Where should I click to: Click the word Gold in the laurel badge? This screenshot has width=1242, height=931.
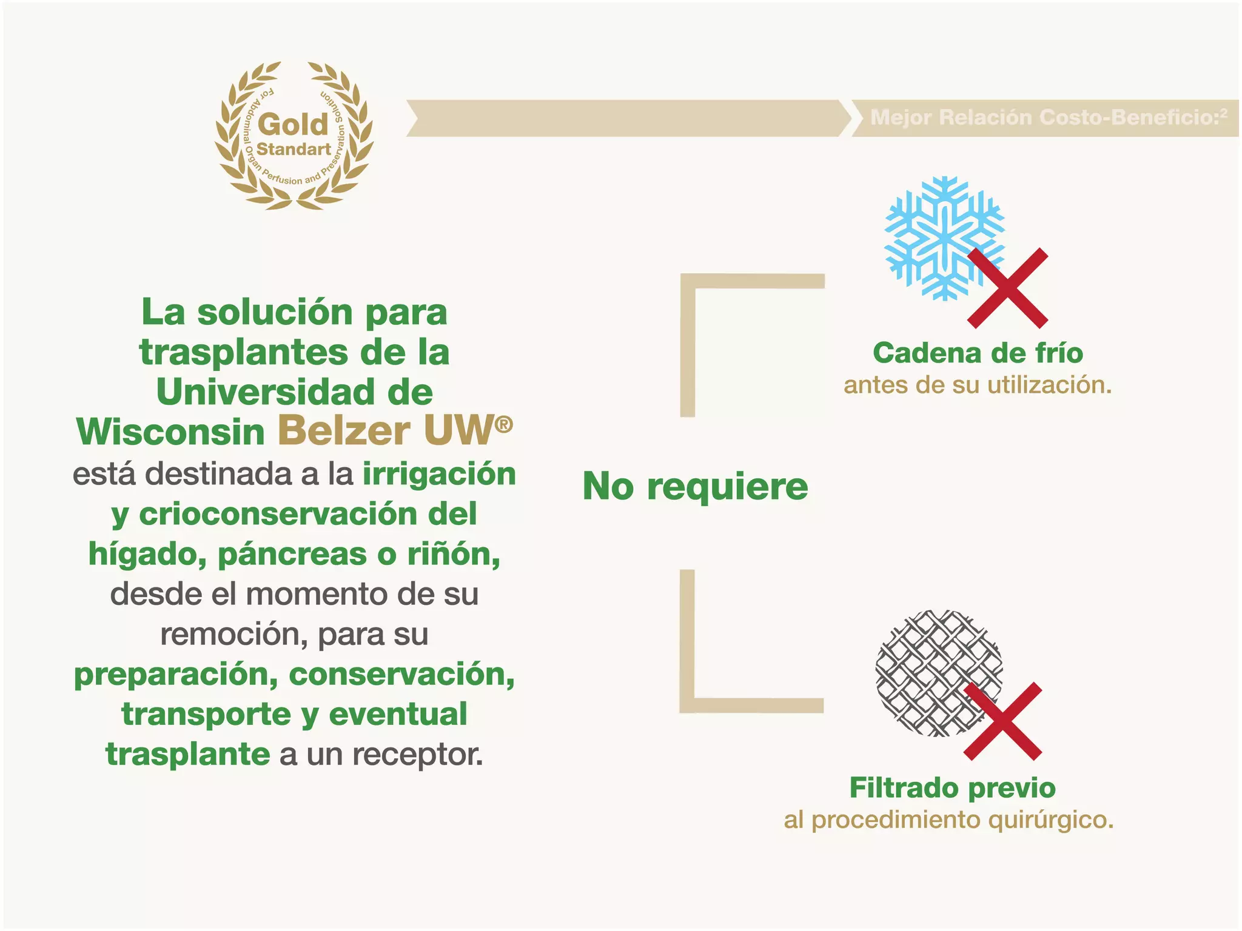tap(293, 125)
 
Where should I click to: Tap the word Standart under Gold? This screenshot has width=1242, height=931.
tap(294, 149)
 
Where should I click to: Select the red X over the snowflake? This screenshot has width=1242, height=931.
tap(1007, 289)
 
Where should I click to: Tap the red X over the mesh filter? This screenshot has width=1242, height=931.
tap(1003, 721)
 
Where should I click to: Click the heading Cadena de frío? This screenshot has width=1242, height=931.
tap(978, 353)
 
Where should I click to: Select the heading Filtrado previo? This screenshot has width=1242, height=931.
tap(952, 788)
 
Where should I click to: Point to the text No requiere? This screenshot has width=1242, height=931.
tap(695, 487)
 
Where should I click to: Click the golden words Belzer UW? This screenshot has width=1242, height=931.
tap(389, 432)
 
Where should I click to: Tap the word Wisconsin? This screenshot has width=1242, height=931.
tap(171, 433)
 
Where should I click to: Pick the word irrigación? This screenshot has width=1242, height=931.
tap(439, 474)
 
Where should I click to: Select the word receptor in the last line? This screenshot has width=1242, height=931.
tap(418, 755)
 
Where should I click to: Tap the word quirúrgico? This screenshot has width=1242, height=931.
tap(1050, 820)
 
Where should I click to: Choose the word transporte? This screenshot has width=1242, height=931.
tap(206, 714)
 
